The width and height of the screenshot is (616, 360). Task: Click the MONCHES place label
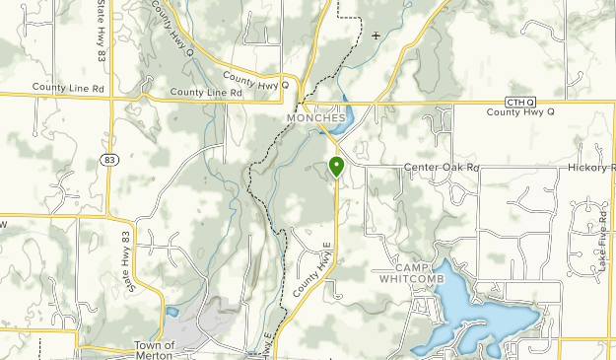pyautogui.click(x=316, y=117)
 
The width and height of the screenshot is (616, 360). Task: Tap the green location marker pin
pyautogui.click(x=336, y=166)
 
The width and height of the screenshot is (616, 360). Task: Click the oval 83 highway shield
pyautogui.click(x=107, y=159)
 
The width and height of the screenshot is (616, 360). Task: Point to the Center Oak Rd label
pyautogui.click(x=440, y=168)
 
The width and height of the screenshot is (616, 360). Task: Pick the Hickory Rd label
pyautogui.click(x=591, y=169)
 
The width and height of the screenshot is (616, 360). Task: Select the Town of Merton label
pyautogui.click(x=155, y=350)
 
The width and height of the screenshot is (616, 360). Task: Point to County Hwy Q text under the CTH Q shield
pyautogui.click(x=520, y=112)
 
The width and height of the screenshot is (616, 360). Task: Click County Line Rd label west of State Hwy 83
pyautogui.click(x=67, y=88)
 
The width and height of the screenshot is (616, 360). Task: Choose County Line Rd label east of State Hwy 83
pyautogui.click(x=206, y=93)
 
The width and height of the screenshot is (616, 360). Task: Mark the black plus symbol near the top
pyautogui.click(x=376, y=36)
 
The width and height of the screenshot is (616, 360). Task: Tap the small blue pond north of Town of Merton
pyautogui.click(x=172, y=312)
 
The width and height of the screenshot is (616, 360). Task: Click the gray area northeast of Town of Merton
pyautogui.click(x=216, y=314)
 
